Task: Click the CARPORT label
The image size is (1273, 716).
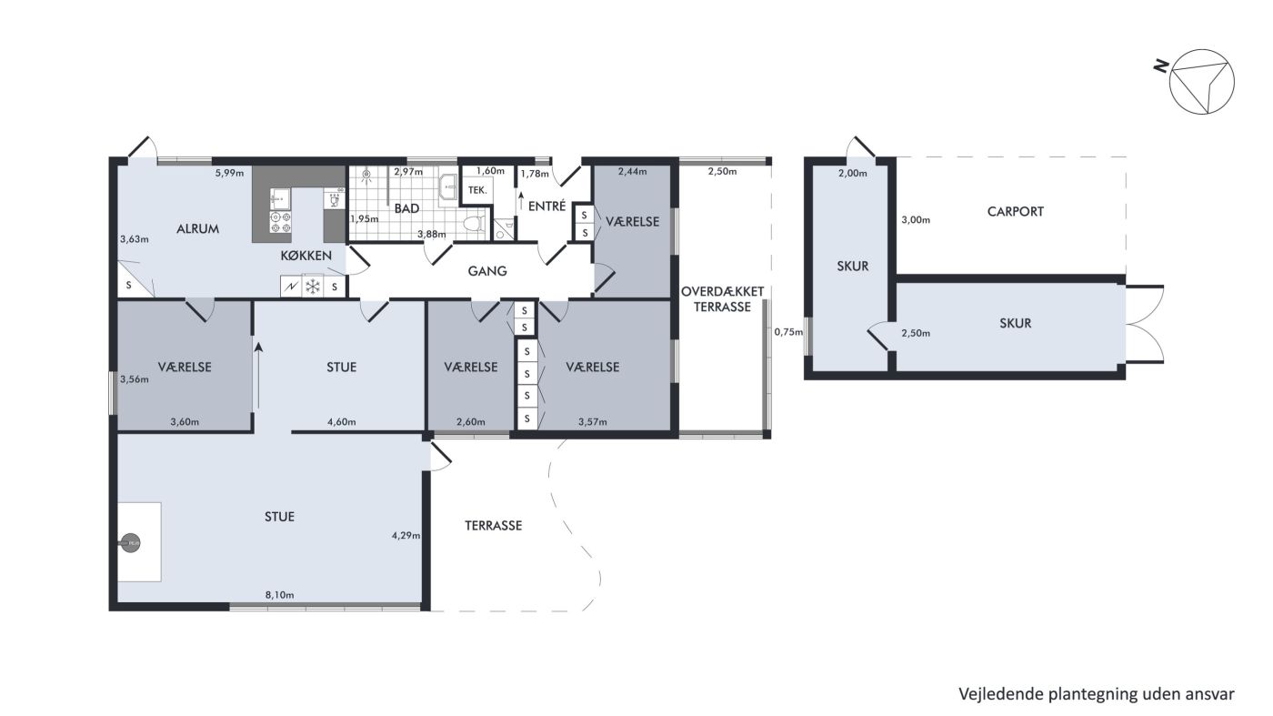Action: [x=1015, y=212]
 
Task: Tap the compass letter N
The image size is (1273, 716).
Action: [x=1162, y=66]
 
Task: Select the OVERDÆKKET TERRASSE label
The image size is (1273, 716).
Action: [x=722, y=299]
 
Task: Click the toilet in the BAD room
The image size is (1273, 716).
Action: [x=474, y=225]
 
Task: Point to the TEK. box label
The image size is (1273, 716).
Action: [x=477, y=190]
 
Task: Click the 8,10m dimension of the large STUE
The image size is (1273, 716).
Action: [x=280, y=595]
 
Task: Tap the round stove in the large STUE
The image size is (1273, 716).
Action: [x=131, y=543]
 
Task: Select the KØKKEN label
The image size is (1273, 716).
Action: [x=306, y=256]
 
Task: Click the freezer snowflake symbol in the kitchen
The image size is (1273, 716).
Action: [x=313, y=287]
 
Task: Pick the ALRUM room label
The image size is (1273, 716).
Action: [x=197, y=229]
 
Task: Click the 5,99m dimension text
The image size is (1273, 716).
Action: [x=229, y=173]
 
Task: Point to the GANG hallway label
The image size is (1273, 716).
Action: [x=487, y=271]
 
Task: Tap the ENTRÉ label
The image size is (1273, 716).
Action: [x=546, y=206]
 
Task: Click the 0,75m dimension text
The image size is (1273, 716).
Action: [x=789, y=332]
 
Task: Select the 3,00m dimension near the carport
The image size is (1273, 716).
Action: [x=916, y=220]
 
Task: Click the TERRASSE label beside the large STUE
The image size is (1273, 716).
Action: [x=493, y=526]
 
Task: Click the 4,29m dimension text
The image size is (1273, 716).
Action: [x=406, y=535]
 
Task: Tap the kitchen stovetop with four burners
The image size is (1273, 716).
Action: [x=280, y=222]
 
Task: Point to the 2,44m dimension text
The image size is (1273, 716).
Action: [x=632, y=171]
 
